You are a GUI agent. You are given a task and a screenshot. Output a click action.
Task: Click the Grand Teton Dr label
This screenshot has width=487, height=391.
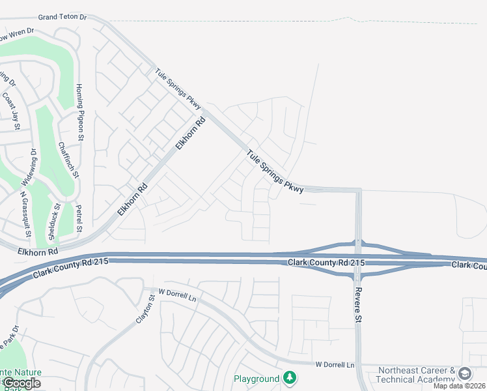click(x=62, y=18)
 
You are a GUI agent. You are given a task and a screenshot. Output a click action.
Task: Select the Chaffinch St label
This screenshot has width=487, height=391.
click(x=68, y=160)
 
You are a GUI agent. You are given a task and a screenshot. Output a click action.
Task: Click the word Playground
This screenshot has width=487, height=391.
click(x=257, y=379)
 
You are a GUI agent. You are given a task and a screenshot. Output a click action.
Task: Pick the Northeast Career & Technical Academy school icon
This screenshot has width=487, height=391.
click(x=464, y=374)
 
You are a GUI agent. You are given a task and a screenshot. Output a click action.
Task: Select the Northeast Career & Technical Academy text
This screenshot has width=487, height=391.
click(x=417, y=375)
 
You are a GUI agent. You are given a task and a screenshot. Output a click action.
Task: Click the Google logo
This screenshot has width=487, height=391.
click(x=21, y=383)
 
